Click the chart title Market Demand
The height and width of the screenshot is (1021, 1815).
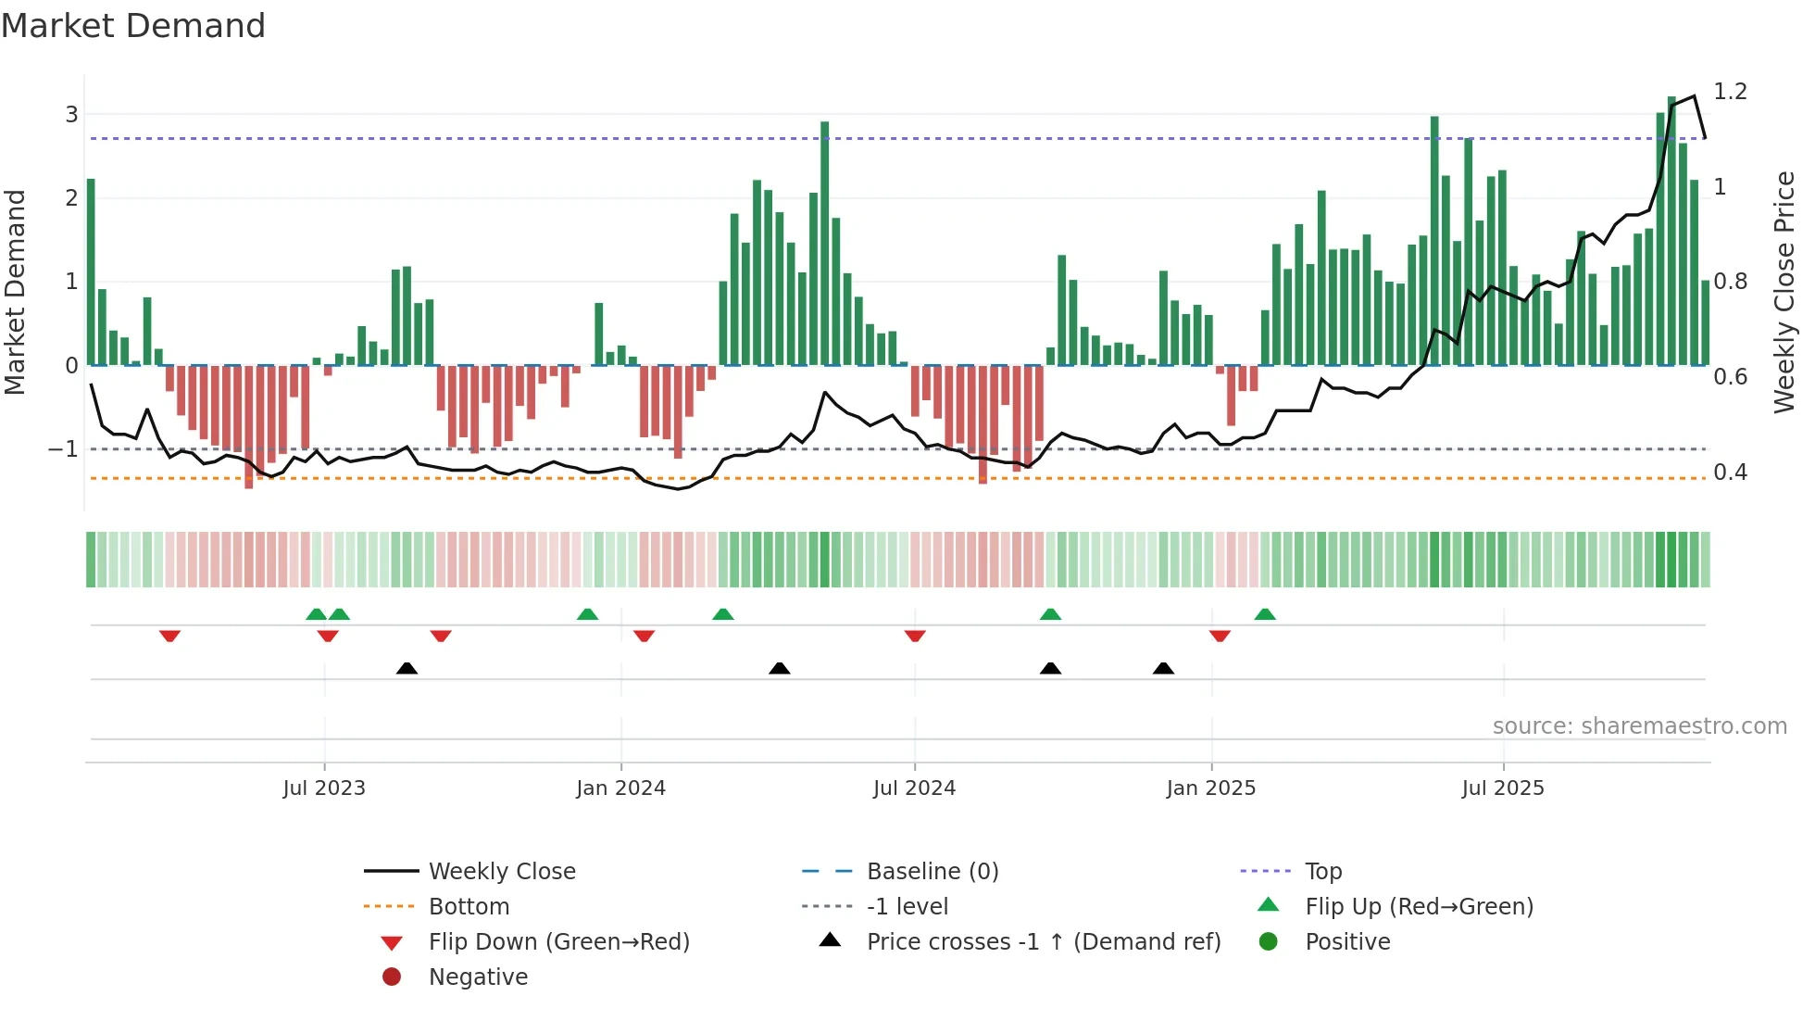coord(133,26)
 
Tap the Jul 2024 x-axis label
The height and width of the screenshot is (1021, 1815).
coord(914,788)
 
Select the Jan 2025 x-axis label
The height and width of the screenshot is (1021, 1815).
coord(1210,788)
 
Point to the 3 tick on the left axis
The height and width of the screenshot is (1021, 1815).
coord(71,115)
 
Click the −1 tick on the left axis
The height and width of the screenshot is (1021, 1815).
coord(64,449)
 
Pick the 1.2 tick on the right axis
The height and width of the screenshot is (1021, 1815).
coord(1730,92)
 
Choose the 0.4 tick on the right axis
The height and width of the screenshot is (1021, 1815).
coord(1730,473)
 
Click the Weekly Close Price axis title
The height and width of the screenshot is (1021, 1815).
coord(1784,292)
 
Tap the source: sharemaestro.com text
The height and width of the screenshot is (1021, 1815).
coord(1639,726)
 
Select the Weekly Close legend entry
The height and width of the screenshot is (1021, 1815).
coord(501,872)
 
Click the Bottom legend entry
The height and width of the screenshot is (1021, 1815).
coord(469,907)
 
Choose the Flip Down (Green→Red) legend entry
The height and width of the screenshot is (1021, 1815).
coord(558,942)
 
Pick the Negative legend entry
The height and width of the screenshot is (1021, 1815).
coord(478,977)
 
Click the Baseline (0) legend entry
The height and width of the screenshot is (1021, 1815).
coord(932,872)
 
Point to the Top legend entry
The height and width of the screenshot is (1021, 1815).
coord(1322,872)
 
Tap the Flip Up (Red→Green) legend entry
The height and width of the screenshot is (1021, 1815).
coord(1419,907)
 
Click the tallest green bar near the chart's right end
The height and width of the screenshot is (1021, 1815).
coord(1671,232)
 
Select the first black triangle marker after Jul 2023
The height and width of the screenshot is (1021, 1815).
coord(407,668)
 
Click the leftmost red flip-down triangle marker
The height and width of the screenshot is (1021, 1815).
coord(169,636)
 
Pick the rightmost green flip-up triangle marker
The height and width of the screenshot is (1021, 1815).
coord(1265,614)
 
